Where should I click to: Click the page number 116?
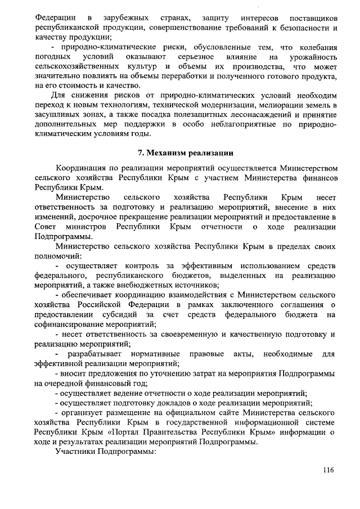(329, 470)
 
